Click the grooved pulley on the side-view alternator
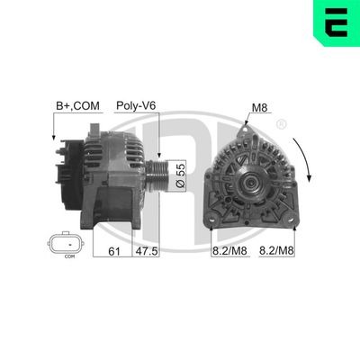coord(159,170)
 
